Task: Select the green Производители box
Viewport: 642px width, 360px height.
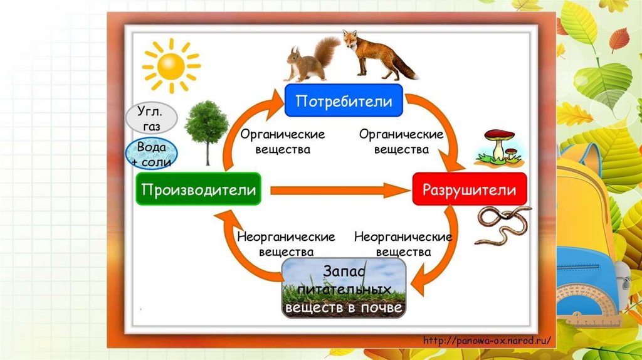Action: [x=199, y=189]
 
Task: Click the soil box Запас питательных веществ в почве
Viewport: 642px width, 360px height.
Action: [x=344, y=289]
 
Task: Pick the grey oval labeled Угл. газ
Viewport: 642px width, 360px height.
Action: [x=151, y=117]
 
